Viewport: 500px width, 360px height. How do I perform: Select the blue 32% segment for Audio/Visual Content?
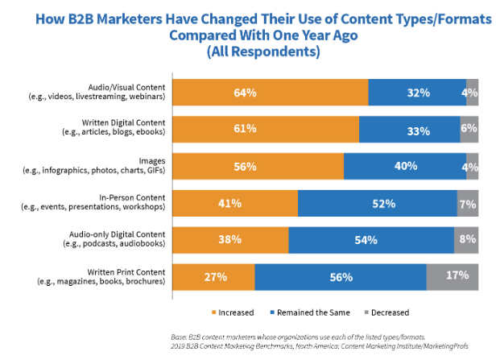coord(417,93)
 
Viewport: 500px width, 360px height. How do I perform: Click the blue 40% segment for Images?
coord(405,166)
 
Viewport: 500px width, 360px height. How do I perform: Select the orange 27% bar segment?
coord(213,277)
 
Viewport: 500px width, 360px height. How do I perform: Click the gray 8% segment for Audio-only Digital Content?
coord(467,240)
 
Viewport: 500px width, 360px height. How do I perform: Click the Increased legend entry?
coord(233,312)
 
